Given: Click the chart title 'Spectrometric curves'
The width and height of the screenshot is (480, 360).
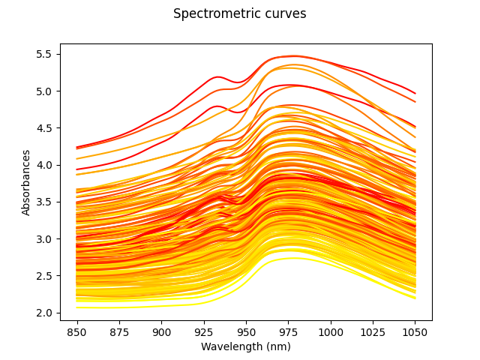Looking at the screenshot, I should tap(239, 14).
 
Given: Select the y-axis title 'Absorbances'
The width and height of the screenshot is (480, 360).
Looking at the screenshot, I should tap(26, 182).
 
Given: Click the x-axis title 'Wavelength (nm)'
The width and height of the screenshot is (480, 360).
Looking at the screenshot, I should tap(246, 346).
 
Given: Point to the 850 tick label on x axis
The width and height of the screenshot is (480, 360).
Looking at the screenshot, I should tap(76, 331).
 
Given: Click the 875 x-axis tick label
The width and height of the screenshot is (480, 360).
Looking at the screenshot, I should tap(119, 331).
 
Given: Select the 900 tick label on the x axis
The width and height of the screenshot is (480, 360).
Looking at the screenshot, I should tap(161, 331).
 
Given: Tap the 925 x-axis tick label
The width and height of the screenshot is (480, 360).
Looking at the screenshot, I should tap(204, 331).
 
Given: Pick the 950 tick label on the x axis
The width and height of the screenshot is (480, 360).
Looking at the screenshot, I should tap(246, 331).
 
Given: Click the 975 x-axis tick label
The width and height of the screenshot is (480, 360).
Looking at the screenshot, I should tap(288, 331).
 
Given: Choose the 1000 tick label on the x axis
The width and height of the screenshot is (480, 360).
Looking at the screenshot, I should tap(331, 331).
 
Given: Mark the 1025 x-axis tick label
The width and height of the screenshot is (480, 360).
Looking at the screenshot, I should tap(373, 331).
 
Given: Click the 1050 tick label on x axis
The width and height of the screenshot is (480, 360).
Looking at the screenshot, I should tap(415, 331).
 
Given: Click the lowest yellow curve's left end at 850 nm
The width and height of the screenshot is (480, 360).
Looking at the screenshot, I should tap(77, 307).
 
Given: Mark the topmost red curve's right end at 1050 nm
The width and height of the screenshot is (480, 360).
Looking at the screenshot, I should tap(415, 93).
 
